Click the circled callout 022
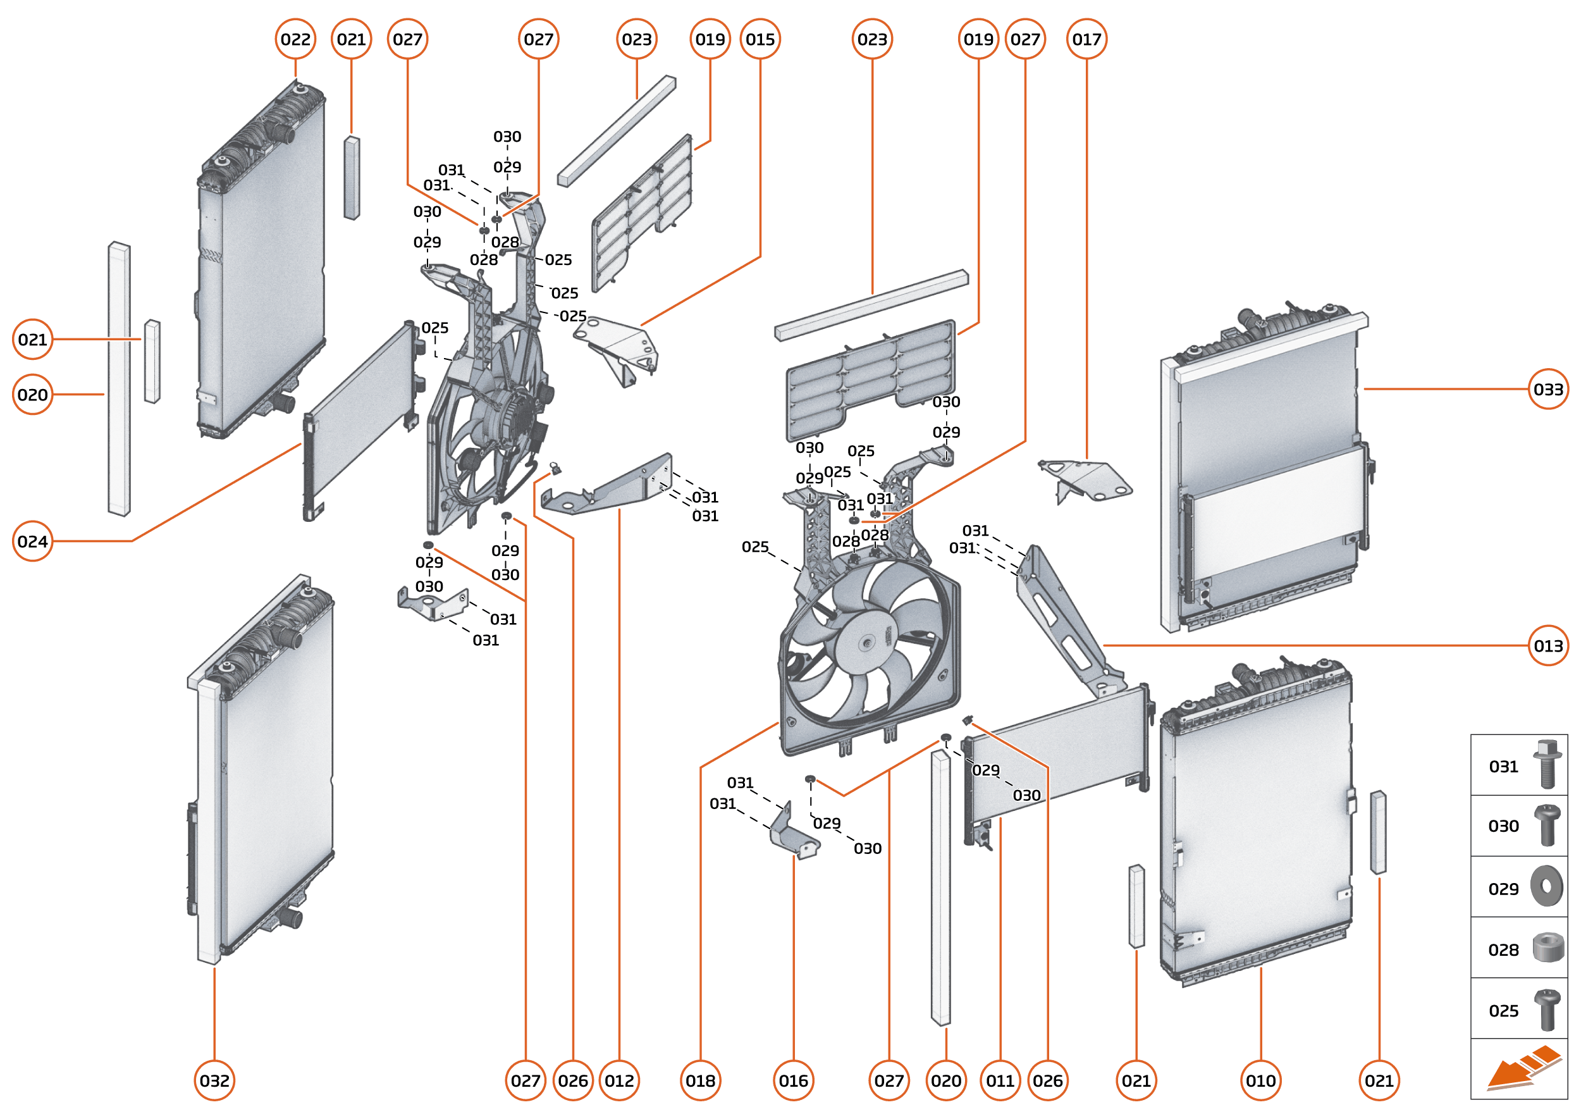pyautogui.click(x=295, y=39)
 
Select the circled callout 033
pyautogui.click(x=1548, y=389)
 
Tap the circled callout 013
pyautogui.click(x=1548, y=646)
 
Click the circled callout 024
pyautogui.click(x=32, y=541)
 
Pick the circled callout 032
pyautogui.click(x=214, y=1080)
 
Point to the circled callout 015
pyautogui.click(x=760, y=39)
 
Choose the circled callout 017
pyautogui.click(x=1086, y=39)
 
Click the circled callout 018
pyautogui.click(x=700, y=1080)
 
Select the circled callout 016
pyautogui.click(x=793, y=1080)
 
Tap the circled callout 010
pyautogui.click(x=1260, y=1080)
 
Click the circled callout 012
pyautogui.click(x=619, y=1080)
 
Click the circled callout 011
pyautogui.click(x=1000, y=1080)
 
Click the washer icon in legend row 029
pyautogui.click(x=1547, y=886)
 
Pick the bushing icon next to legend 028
pyautogui.click(x=1547, y=948)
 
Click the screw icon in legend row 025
pyautogui.click(x=1547, y=1010)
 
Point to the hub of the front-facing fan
pyautogui.click(x=866, y=643)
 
